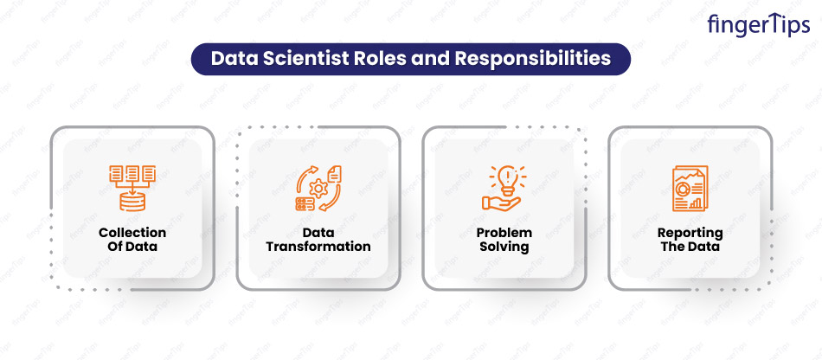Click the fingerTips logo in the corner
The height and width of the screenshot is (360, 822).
click(x=759, y=25)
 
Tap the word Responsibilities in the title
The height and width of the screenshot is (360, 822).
click(x=533, y=59)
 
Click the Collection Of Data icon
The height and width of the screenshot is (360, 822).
click(x=132, y=188)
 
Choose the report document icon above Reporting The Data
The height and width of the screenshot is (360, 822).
click(x=690, y=188)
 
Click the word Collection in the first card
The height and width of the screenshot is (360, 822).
click(x=132, y=232)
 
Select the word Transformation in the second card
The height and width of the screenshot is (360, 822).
click(x=318, y=247)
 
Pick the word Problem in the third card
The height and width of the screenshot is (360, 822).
click(x=504, y=232)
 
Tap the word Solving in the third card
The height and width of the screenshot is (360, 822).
click(x=504, y=247)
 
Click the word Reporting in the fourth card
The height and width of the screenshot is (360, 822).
click(x=690, y=233)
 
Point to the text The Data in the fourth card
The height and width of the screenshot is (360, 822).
click(x=690, y=247)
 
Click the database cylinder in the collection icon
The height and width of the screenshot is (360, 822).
click(x=132, y=201)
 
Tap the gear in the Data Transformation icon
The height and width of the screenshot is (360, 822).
click(x=317, y=187)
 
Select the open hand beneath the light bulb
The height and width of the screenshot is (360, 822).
click(x=501, y=203)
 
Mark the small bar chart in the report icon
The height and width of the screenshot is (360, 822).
click(x=696, y=202)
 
